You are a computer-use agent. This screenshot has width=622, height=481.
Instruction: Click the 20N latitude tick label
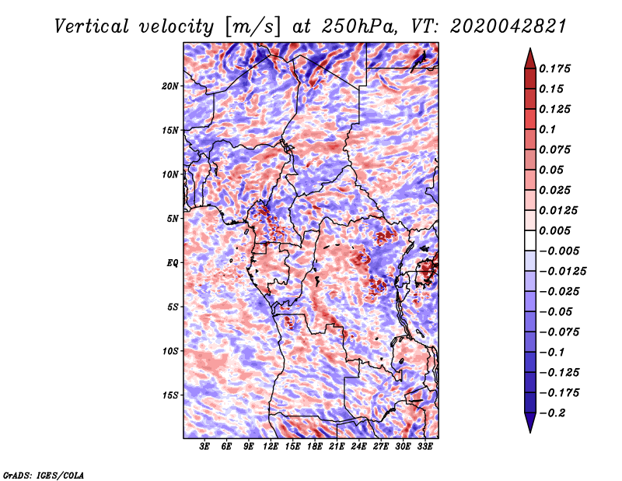[x=170, y=86]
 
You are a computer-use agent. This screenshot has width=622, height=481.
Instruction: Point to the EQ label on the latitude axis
[x=173, y=263]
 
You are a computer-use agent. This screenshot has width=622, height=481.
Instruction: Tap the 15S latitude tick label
[x=170, y=395]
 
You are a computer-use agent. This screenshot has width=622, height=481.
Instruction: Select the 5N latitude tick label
[x=173, y=219]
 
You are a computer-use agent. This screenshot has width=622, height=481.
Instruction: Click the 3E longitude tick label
[x=204, y=447]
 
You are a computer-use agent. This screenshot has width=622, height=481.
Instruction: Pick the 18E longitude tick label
[x=315, y=447]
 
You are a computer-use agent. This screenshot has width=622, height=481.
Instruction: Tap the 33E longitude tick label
[x=425, y=447]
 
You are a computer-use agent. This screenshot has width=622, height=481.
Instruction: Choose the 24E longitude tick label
[x=358, y=447]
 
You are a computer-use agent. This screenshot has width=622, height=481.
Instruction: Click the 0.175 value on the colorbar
[x=554, y=68]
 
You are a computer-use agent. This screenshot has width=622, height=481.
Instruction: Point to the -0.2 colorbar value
[x=552, y=413]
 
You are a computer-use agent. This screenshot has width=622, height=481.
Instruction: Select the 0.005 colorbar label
[x=554, y=230]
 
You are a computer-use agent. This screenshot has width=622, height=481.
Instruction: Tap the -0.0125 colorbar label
[x=562, y=272]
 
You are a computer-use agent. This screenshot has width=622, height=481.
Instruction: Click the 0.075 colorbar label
[x=554, y=149]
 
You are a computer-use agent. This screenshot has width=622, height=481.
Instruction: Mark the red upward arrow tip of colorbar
[x=530, y=48]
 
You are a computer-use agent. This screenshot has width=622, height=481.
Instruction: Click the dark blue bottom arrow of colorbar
[x=530, y=423]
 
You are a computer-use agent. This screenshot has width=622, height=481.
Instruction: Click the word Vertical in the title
[x=92, y=26]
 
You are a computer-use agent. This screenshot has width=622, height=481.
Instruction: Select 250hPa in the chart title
[x=359, y=26]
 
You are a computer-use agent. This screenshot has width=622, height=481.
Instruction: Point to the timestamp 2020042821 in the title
[x=508, y=26]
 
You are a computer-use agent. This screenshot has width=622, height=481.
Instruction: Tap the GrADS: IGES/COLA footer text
[x=44, y=476]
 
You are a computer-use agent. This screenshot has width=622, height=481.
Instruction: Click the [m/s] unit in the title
[x=253, y=27]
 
